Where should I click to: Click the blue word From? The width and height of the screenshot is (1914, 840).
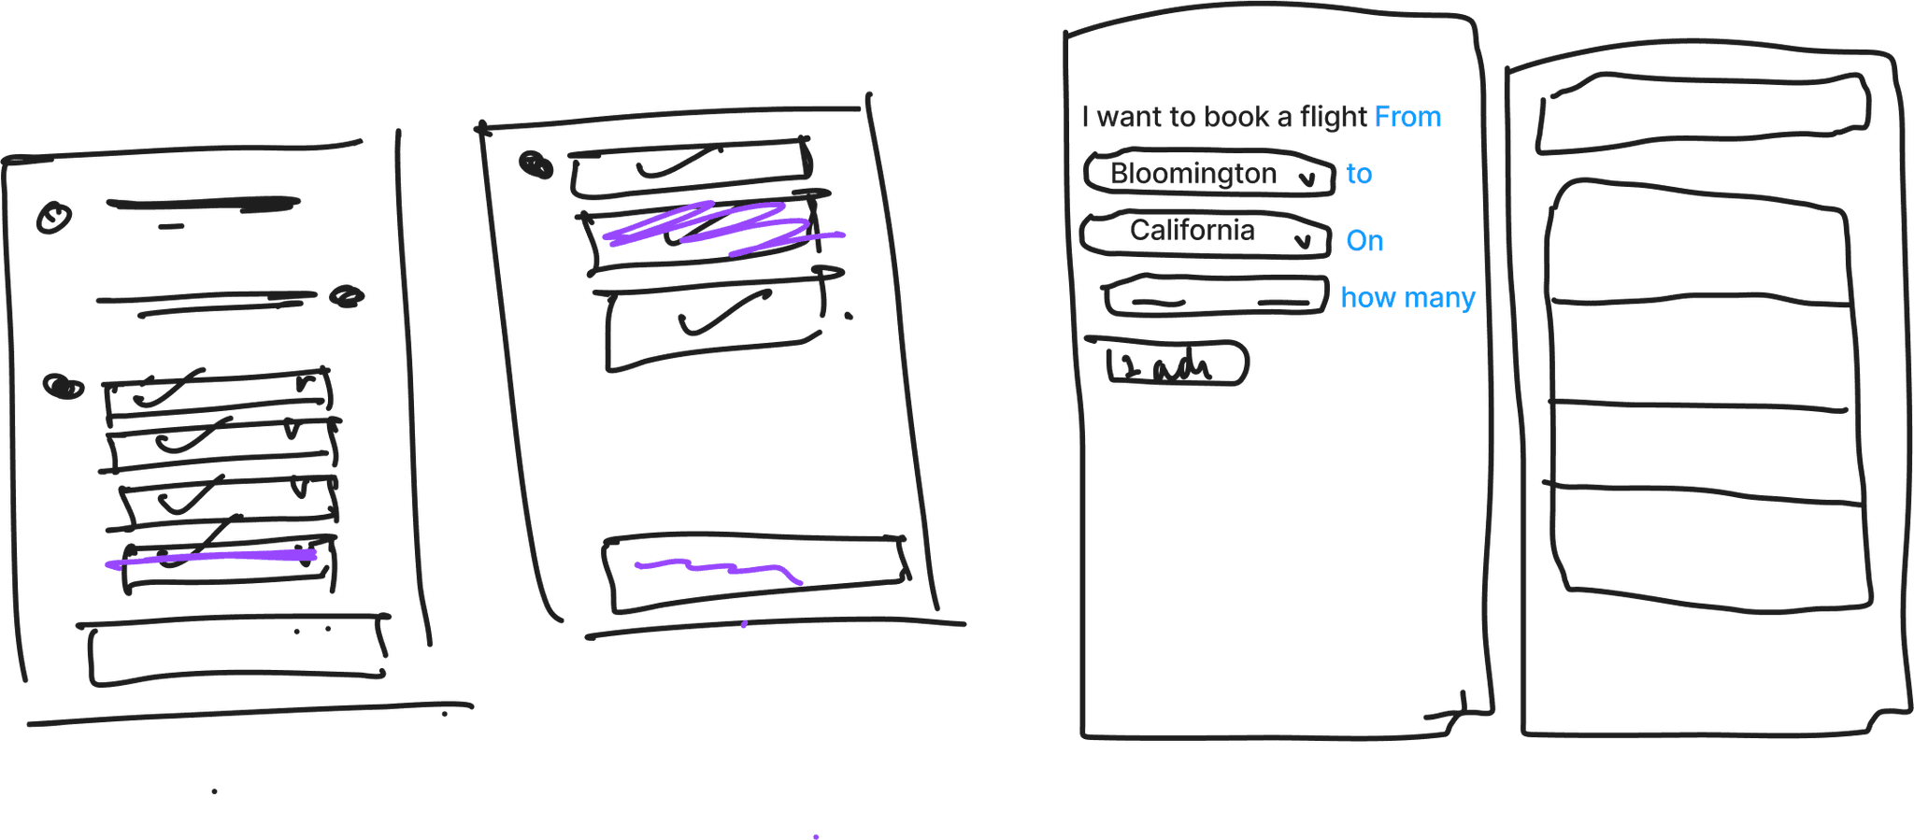pyautogui.click(x=1407, y=118)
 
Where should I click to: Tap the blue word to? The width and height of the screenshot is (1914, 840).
pyautogui.click(x=1359, y=174)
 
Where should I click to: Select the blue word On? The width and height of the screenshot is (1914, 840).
pyautogui.click(x=1364, y=241)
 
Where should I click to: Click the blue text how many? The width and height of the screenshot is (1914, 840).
pyautogui.click(x=1407, y=298)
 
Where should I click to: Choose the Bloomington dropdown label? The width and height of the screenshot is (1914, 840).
pyautogui.click(x=1193, y=174)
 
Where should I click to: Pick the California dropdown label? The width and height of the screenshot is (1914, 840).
pyautogui.click(x=1192, y=230)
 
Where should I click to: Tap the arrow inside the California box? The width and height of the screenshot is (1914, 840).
pyautogui.click(x=1302, y=242)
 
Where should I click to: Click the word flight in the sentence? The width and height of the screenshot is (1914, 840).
pyautogui.click(x=1334, y=118)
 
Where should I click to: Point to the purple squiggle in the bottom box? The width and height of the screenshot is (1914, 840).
pyautogui.click(x=720, y=568)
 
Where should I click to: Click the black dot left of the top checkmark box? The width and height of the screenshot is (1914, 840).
pyautogui.click(x=536, y=165)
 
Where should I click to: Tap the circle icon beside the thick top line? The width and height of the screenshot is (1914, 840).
pyautogui.click(x=53, y=218)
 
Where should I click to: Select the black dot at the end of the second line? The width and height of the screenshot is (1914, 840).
pyautogui.click(x=347, y=296)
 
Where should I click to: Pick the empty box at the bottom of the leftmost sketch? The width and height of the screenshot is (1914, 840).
pyautogui.click(x=237, y=652)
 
